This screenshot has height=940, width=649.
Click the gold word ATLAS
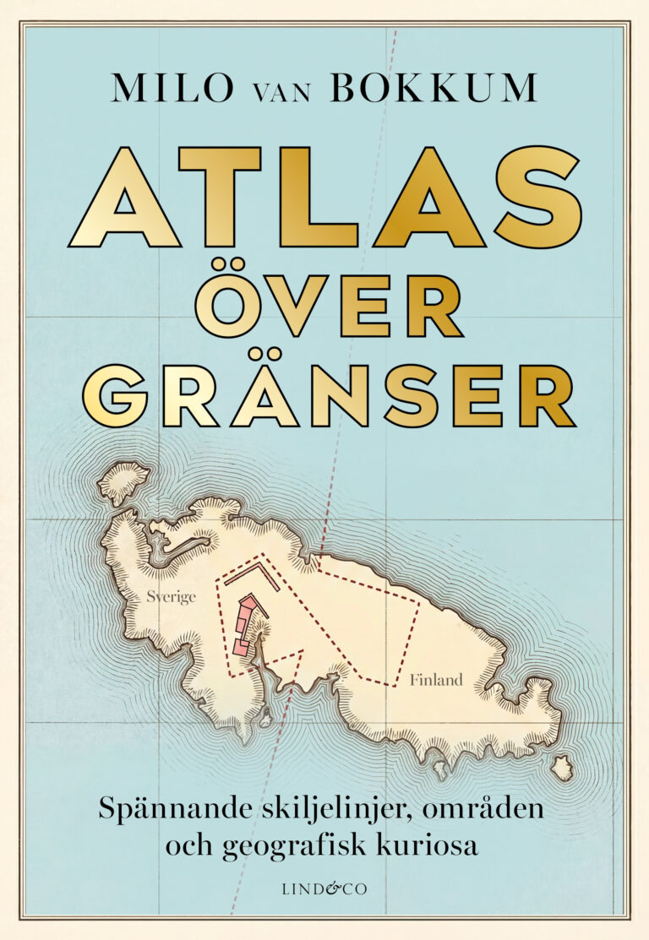coord(324,198)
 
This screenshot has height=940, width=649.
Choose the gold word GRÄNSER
coord(329,395)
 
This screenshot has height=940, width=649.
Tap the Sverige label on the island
coord(171,596)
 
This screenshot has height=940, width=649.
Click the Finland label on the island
coord(436,679)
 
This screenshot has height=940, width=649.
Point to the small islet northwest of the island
coord(123,482)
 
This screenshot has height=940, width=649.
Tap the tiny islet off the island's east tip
coord(562,768)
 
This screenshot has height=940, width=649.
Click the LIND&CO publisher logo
coord(324,887)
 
